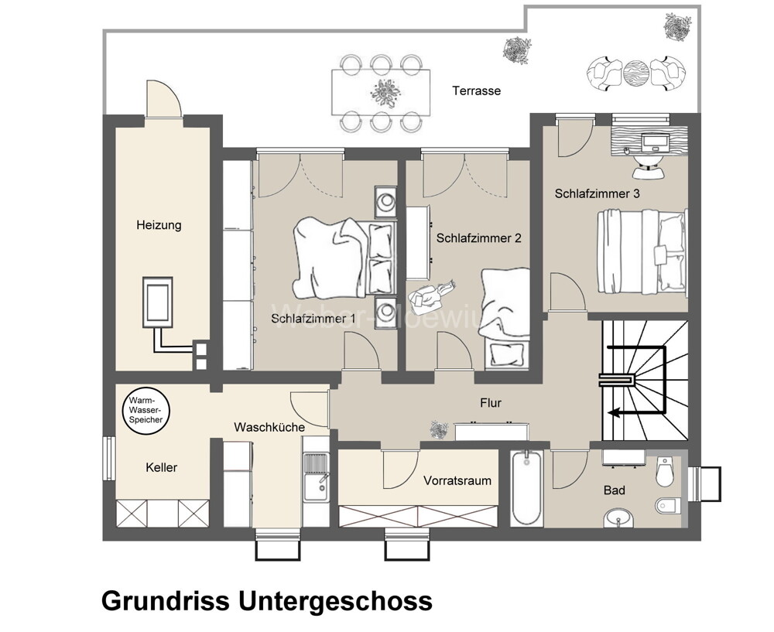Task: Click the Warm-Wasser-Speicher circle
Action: tap(146, 409)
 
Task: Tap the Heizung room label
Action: tap(158, 225)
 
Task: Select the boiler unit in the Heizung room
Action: tap(160, 302)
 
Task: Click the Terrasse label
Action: tap(476, 91)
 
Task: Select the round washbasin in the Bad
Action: tap(617, 518)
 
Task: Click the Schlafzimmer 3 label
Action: tap(597, 194)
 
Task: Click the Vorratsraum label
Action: tap(457, 480)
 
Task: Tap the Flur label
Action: tap(491, 403)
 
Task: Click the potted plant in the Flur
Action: tap(439, 428)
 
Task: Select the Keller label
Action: tap(161, 467)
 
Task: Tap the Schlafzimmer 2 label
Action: tap(478, 238)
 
